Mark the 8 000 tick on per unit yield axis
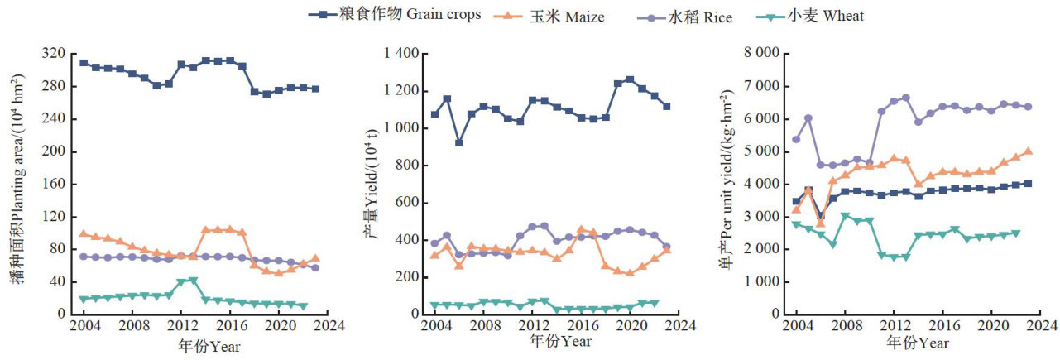765,54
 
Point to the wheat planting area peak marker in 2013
193,281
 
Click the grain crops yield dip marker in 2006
459,142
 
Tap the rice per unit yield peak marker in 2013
905,98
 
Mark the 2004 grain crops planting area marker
84,63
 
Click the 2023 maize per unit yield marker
1028,151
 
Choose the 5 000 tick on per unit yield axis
765,151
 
